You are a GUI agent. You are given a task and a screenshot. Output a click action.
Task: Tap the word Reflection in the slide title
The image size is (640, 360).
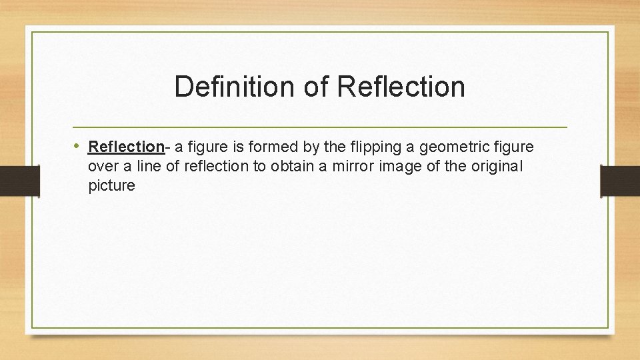[401, 87]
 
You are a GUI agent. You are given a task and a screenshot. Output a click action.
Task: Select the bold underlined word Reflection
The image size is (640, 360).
[126, 146]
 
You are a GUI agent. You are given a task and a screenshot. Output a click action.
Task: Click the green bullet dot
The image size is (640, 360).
[78, 145]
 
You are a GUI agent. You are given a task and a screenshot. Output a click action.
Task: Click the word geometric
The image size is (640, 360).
[452, 146]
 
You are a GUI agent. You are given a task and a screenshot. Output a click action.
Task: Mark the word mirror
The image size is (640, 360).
[355, 166]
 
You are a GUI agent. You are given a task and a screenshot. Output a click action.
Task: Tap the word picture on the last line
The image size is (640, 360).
[111, 186]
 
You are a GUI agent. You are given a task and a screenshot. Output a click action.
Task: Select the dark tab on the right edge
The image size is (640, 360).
[620, 181]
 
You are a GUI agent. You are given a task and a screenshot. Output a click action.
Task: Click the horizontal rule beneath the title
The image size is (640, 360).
[320, 127]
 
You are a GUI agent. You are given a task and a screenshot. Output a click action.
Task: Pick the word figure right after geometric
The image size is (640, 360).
[512, 146]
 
